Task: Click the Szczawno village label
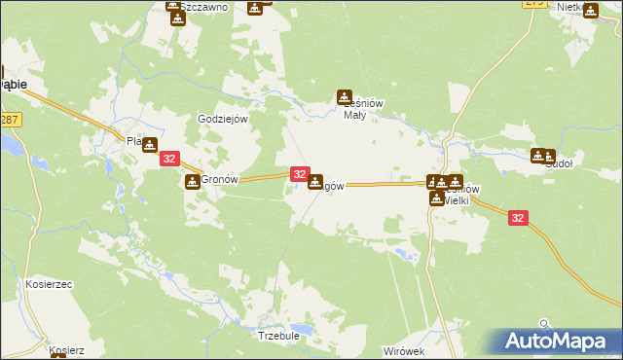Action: click(205, 7)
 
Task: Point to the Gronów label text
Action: click(219, 181)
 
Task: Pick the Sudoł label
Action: click(559, 165)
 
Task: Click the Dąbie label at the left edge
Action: click(12, 85)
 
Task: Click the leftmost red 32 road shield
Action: click(169, 159)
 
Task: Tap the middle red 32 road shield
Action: click(300, 175)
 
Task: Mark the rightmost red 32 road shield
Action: click(518, 220)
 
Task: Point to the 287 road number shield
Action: click(9, 119)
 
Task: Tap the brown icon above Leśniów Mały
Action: click(344, 96)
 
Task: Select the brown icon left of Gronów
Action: click(192, 181)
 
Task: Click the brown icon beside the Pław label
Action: click(149, 144)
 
